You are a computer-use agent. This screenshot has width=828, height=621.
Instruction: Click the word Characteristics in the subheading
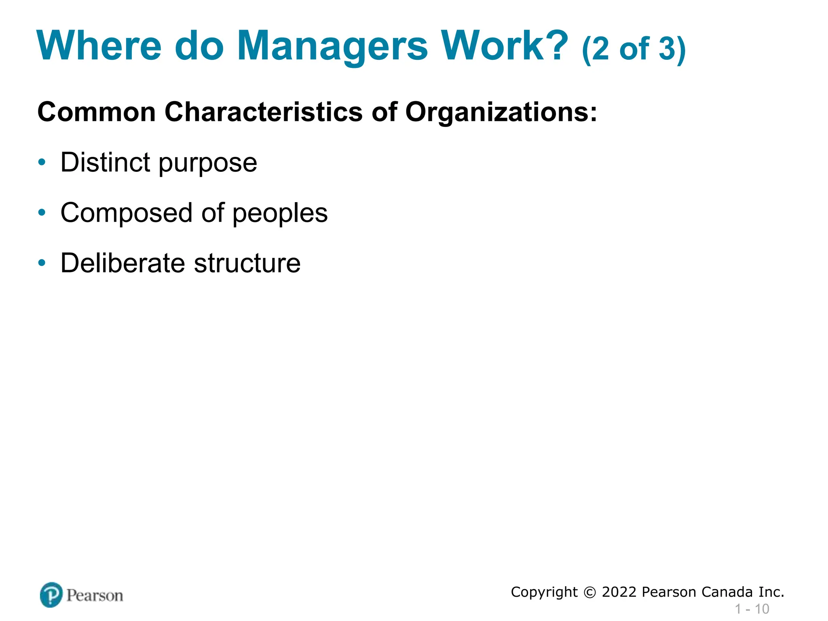264,112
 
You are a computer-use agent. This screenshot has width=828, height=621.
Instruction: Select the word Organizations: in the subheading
501,112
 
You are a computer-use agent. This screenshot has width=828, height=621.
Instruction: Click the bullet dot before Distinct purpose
42,163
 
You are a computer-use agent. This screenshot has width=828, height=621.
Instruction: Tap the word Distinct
106,162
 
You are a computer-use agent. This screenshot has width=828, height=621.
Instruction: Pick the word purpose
207,164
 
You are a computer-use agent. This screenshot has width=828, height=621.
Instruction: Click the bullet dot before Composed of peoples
42,213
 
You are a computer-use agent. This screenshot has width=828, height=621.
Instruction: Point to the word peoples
280,214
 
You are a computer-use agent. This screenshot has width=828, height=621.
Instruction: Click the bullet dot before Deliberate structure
42,263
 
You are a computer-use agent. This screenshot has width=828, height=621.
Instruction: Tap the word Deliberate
123,263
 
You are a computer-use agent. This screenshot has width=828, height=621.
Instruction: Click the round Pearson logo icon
51,595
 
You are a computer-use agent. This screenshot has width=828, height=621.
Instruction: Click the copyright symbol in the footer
590,593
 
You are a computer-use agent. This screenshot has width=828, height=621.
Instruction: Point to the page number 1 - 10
752,609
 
